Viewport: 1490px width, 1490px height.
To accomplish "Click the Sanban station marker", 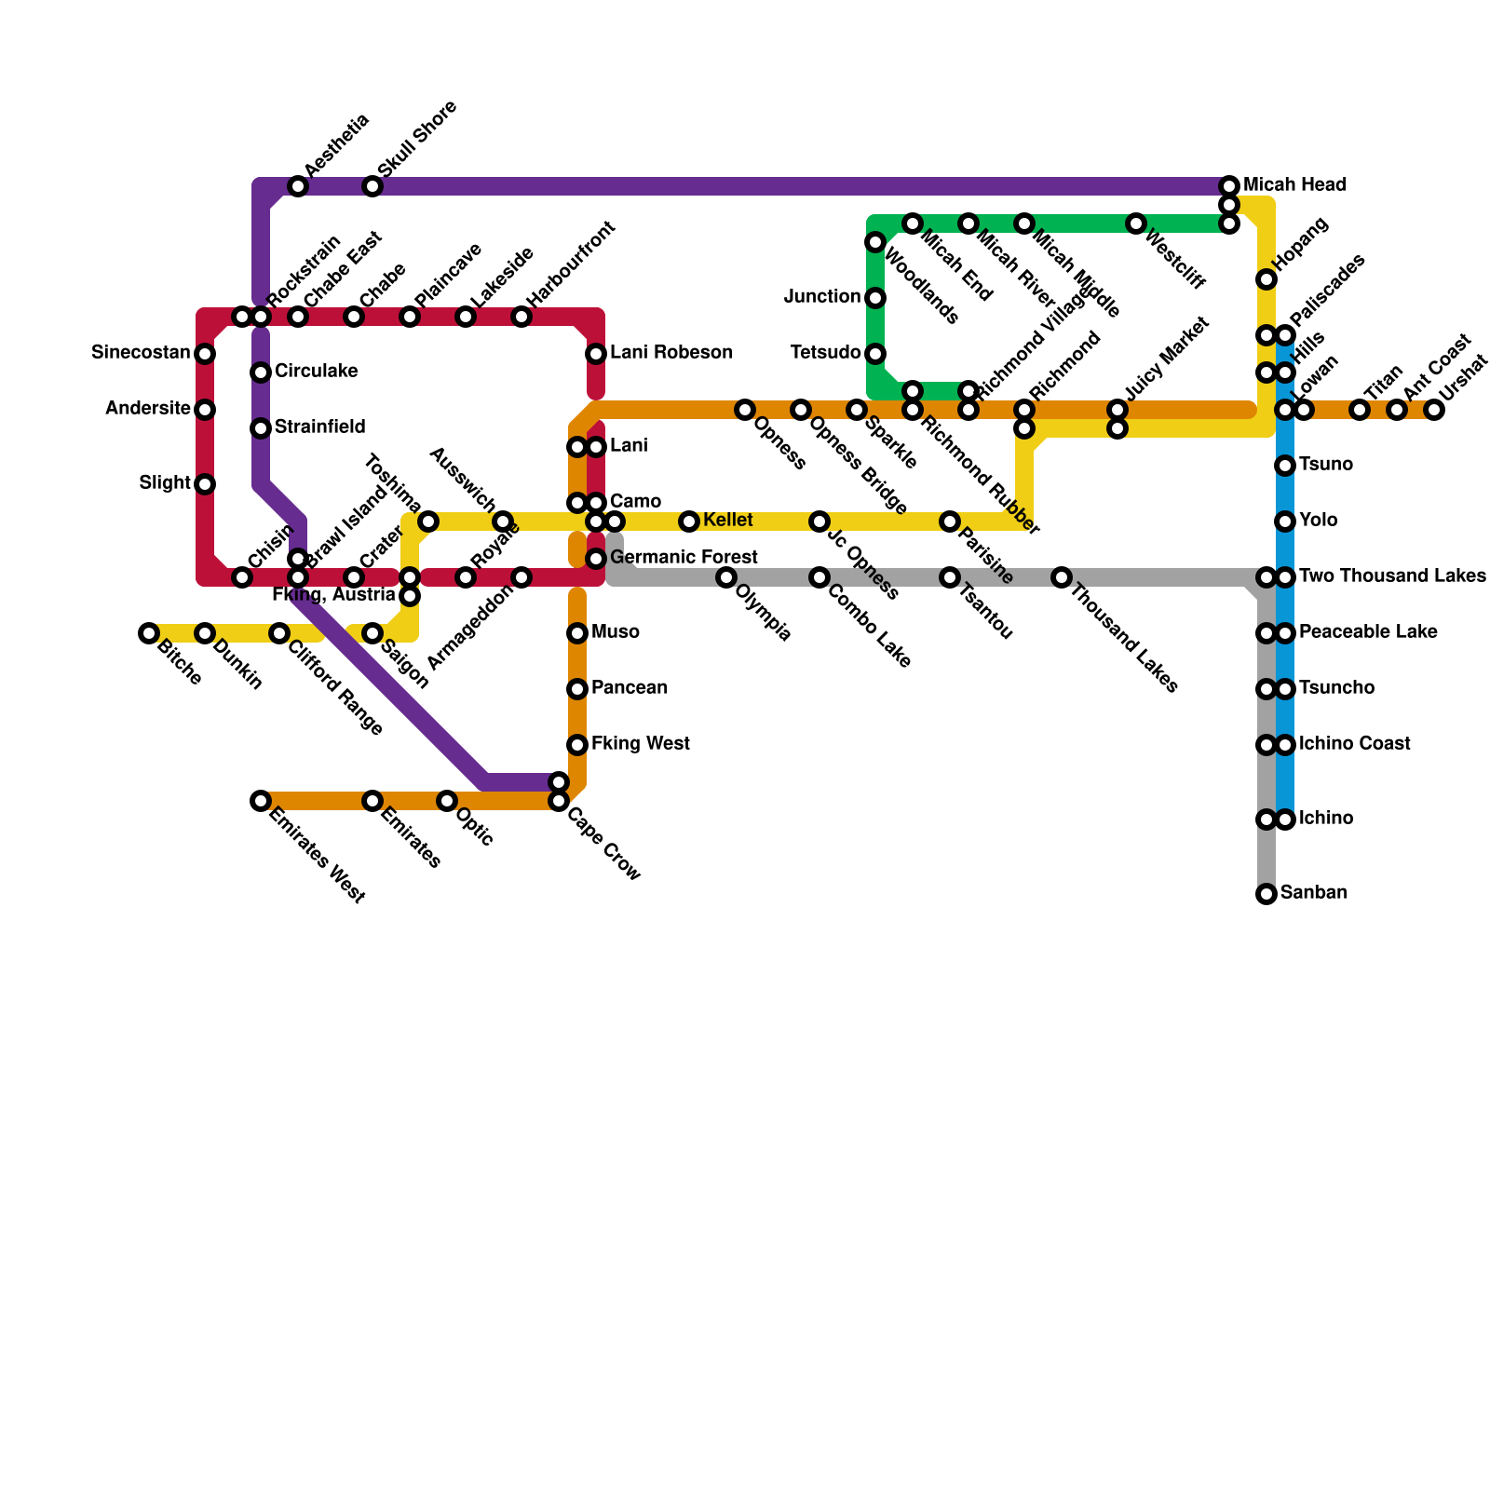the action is coord(1266,894).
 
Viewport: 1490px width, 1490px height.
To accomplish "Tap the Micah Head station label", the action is coord(1294,185).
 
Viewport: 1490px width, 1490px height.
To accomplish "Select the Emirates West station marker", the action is coord(261,801).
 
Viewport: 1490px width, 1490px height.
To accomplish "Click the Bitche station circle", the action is coord(149,633).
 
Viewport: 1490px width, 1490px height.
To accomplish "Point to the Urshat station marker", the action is coord(1434,410).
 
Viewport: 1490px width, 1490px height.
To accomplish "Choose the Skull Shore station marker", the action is coord(372,186).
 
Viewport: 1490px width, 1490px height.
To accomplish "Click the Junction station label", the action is coord(822,297).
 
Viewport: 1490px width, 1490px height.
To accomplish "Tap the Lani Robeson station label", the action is coord(670,353).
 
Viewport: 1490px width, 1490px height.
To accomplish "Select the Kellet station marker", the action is coord(689,521).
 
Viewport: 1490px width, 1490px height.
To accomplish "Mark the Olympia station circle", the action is coord(726,577).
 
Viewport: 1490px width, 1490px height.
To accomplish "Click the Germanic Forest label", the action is coord(684,558).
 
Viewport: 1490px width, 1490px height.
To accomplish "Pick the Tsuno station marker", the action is coord(1285,466).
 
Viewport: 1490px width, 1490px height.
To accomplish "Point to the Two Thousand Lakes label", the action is coord(1391,576).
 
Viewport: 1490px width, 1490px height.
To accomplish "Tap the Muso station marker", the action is coord(577,633).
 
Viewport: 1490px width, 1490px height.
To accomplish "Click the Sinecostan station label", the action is coord(141,353).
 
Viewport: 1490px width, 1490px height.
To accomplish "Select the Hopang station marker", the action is coord(1266,279).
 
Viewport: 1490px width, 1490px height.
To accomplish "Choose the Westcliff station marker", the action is coord(1136,223).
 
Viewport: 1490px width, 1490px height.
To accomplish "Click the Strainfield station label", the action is coord(319,427).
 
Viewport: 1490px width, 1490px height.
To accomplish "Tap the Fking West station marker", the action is coord(577,745).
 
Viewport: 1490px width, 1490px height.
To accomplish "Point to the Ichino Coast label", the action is coord(1354,744).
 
